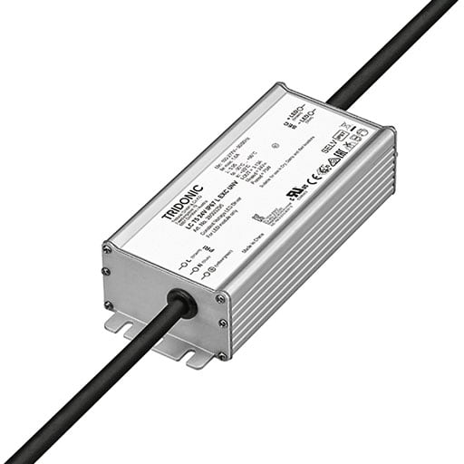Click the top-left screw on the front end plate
[108, 247]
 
